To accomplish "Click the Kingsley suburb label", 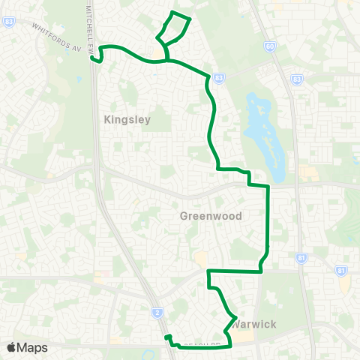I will [127, 119].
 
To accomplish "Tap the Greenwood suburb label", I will [211, 216].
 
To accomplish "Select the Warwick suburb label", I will [255, 324].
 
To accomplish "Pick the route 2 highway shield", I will [157, 312].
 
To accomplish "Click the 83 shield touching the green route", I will [218, 77].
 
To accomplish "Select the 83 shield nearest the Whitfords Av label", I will [8, 22].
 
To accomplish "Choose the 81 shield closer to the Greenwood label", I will [301, 257].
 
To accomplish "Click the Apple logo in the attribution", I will [12, 347].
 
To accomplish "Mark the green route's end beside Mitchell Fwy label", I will [91, 57].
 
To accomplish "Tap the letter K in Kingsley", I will [108, 119].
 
